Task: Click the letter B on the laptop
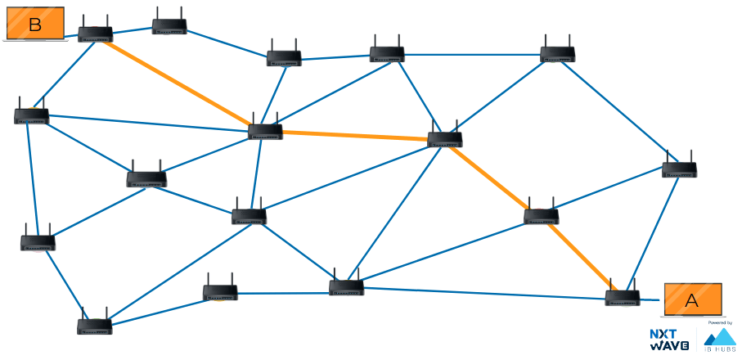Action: [x=34, y=25]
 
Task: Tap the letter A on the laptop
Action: [x=691, y=300]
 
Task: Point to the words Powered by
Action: [x=719, y=323]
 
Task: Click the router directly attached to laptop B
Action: [x=95, y=34]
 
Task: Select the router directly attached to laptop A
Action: [x=623, y=297]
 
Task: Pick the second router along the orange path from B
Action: [x=265, y=131]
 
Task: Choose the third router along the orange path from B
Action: [x=445, y=139]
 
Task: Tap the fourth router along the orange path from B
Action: [x=541, y=216]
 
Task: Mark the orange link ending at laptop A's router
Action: [x=582, y=257]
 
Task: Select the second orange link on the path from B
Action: [x=355, y=136]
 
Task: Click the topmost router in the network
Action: [x=169, y=26]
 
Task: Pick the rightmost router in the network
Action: [x=679, y=169]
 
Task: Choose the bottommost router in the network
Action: [x=94, y=326]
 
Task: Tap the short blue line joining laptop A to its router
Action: [x=651, y=299]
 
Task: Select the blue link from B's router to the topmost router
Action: [x=132, y=30]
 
